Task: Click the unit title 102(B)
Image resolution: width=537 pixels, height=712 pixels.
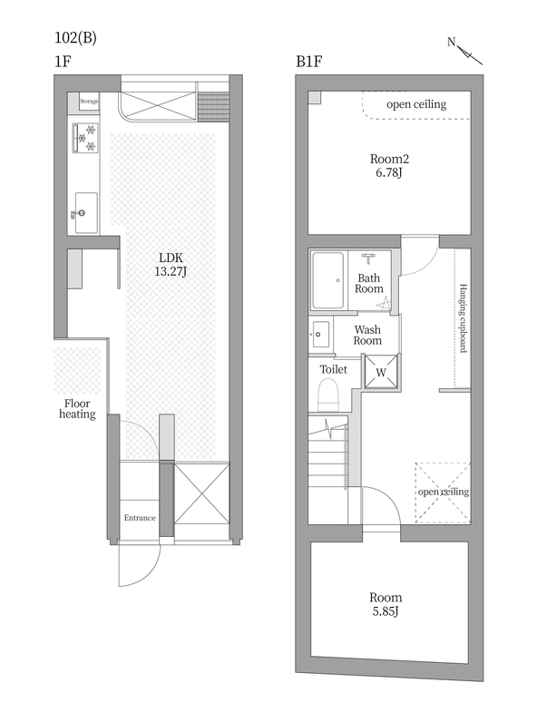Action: pos(75,38)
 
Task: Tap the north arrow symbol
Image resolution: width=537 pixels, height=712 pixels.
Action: pos(464,51)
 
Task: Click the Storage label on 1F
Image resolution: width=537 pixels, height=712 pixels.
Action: pos(89,102)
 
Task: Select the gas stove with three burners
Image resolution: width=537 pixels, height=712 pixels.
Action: pos(85,138)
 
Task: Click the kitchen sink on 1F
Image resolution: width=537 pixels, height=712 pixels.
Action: pos(85,212)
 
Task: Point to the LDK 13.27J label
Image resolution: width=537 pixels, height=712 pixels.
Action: pos(171,265)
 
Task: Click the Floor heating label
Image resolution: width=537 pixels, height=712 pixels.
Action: pos(77,409)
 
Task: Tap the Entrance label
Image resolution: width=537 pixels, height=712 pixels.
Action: pos(140,518)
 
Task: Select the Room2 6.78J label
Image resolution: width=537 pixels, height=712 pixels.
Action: pos(389,166)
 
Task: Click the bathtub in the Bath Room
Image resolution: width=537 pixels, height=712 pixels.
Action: pos(327,280)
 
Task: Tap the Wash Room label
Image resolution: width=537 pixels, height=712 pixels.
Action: pos(367,335)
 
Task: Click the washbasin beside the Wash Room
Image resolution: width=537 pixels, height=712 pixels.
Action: pos(321,334)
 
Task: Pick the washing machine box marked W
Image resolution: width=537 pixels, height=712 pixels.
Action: pos(381,373)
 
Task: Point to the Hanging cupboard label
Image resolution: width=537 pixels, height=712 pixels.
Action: pos(463,318)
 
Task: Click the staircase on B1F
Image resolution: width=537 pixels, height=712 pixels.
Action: pos(328,469)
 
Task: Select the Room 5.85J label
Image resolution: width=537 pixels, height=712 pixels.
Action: pos(386,604)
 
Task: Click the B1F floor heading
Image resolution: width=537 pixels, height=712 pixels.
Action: pos(309,62)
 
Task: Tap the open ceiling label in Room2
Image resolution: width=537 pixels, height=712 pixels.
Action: pos(416,104)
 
